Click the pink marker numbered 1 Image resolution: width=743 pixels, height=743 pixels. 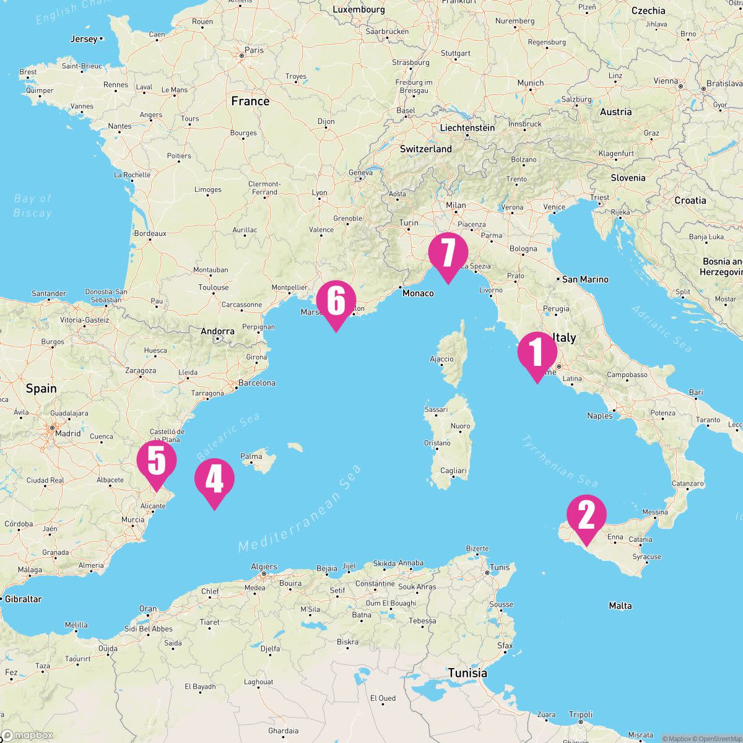coord(537,354)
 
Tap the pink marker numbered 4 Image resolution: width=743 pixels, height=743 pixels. coord(214,479)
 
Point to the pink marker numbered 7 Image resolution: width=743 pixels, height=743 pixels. coord(448,253)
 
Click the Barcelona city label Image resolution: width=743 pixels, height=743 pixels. coord(256,383)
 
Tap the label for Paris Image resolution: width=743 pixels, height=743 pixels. coord(254,50)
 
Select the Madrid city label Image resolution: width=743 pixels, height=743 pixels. coord(67,433)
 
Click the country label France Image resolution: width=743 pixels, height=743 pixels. coord(250,101)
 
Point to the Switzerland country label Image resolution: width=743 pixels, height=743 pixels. coord(426,149)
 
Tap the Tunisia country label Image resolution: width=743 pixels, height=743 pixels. coord(467,672)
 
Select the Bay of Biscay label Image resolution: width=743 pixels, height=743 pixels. coord(33,206)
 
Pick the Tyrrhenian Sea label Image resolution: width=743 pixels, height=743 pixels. coord(560,461)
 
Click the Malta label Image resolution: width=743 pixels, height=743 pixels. coord(620,606)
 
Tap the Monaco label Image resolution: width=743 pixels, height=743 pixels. coord(418,293)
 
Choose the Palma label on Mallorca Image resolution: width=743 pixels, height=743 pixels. coord(251,456)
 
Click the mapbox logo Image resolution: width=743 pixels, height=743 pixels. coord(27,735)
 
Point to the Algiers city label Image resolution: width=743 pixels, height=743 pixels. coord(264,567)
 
